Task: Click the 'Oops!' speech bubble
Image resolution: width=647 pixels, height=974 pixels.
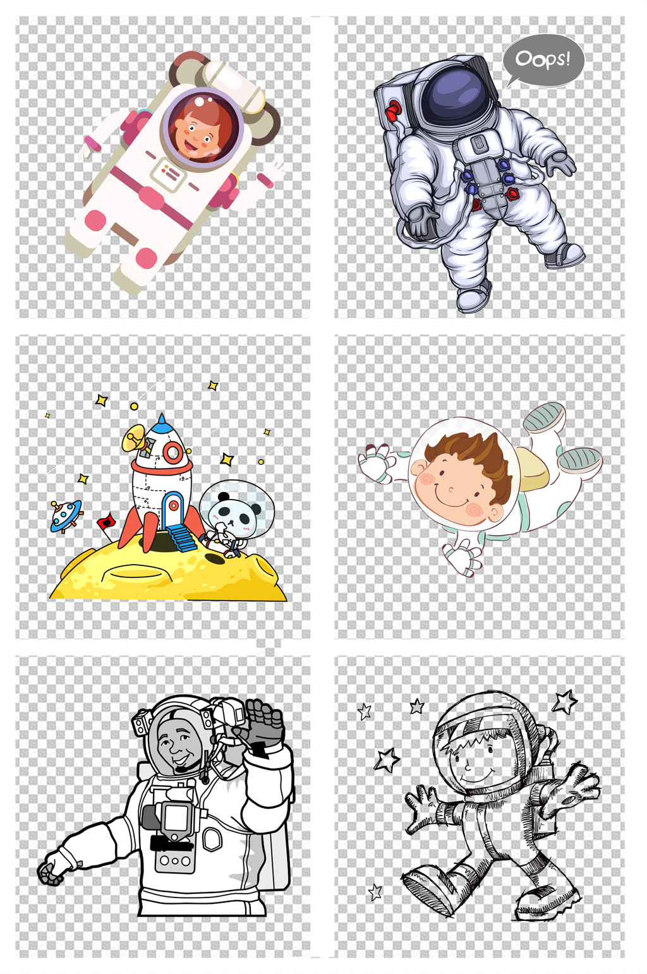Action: tap(543, 61)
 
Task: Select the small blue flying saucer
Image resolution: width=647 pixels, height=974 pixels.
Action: tap(66, 516)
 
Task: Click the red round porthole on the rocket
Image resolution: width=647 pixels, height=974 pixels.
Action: tap(172, 453)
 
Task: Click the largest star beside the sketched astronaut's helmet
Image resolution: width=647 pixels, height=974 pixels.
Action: tap(565, 702)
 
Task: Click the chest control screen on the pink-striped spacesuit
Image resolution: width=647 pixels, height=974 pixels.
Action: tap(169, 174)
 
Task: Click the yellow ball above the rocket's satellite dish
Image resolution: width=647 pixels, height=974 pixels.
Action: tap(135, 407)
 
